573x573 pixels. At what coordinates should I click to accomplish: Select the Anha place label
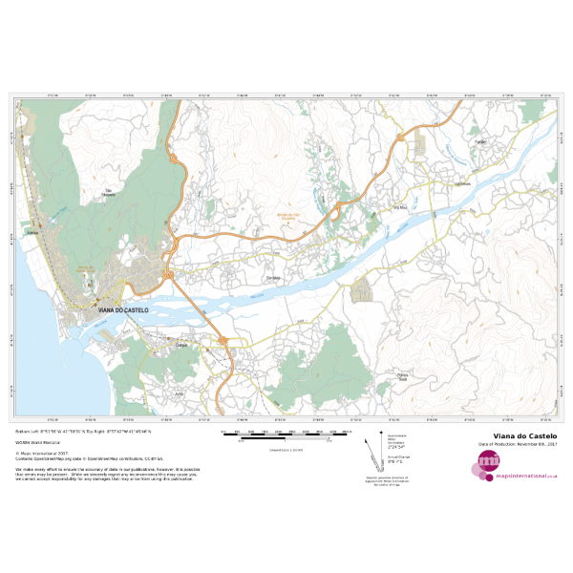point(179,393)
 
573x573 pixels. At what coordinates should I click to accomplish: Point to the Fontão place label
point(480,142)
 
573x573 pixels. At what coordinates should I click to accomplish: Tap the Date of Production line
point(517,444)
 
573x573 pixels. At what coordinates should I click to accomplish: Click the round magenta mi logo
point(488,463)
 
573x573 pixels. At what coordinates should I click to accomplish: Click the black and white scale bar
point(286,435)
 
